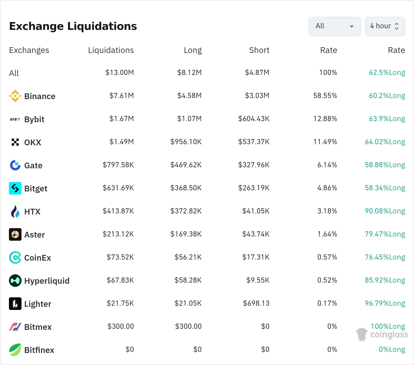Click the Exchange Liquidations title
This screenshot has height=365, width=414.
[x=73, y=26]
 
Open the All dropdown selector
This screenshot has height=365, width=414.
[x=335, y=26]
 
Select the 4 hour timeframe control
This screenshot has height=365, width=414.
[x=385, y=26]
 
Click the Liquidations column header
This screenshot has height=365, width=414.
[x=111, y=50]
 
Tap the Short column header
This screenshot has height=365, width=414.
[x=259, y=50]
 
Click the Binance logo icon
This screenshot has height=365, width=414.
[x=15, y=96]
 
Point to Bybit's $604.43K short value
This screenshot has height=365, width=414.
[x=254, y=119]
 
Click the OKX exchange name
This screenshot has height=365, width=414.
[x=33, y=142]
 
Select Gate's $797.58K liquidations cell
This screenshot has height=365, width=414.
[x=118, y=165]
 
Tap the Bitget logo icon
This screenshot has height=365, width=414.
[x=15, y=188]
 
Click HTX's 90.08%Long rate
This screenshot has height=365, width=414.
[x=385, y=211]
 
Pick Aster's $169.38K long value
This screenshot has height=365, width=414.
[x=186, y=234]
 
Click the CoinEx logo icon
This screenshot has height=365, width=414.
[x=15, y=257]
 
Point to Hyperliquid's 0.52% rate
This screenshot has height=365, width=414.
[x=327, y=280]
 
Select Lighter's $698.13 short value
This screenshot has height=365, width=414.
[x=256, y=303]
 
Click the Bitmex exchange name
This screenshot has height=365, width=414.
[x=38, y=327]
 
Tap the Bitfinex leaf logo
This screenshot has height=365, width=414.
[x=15, y=350]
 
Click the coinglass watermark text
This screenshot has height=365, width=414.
[x=389, y=335]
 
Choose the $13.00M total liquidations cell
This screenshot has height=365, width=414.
[x=120, y=73]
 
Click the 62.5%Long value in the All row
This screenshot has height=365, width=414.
[x=387, y=73]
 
